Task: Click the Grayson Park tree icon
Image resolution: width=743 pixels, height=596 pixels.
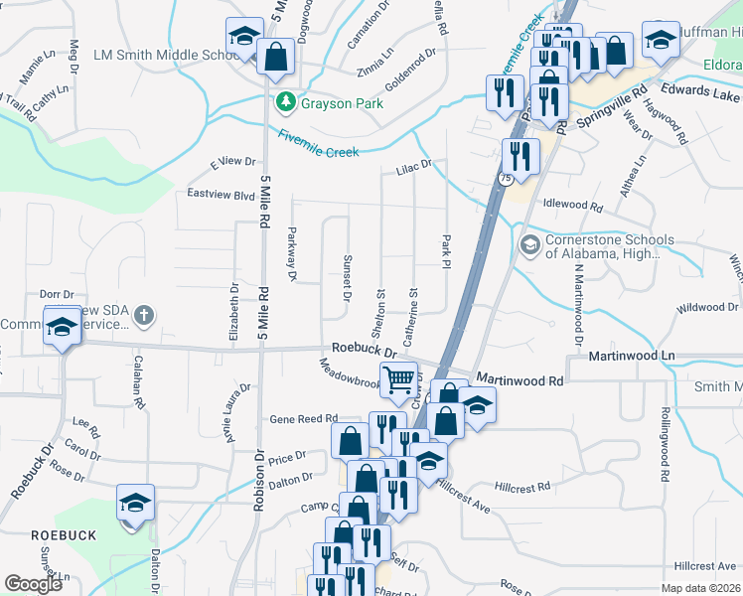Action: [286, 101]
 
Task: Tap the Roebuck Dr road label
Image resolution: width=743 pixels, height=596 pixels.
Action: [364, 350]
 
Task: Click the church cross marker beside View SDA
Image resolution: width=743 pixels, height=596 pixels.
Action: [144, 317]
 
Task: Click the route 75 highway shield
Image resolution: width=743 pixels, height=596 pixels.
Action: [506, 178]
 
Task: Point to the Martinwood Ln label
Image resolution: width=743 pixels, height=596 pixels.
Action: [631, 356]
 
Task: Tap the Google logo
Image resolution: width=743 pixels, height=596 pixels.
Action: [34, 584]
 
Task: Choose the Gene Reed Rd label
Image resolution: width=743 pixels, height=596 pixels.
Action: [304, 420]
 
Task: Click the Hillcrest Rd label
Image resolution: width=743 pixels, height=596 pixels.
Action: [521, 488]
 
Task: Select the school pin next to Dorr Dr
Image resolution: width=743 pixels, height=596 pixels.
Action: [63, 327]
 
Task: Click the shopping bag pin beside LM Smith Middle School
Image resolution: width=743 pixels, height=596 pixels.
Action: [275, 57]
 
